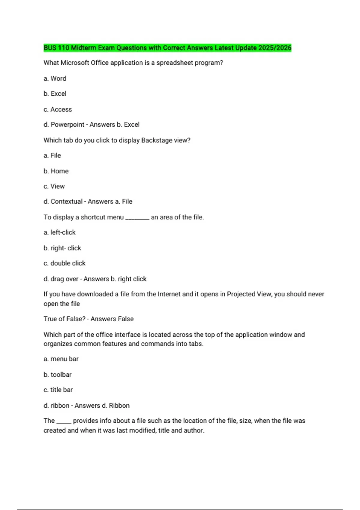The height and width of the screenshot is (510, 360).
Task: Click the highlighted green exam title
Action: [x=167, y=48]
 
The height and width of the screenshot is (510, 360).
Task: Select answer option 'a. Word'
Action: [x=55, y=79]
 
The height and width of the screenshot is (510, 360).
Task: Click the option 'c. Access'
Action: [x=58, y=109]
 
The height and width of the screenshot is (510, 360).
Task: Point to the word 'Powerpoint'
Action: [x=67, y=124]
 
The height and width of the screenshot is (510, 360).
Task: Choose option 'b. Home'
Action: [x=56, y=171]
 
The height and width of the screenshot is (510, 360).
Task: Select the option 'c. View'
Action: [x=54, y=186]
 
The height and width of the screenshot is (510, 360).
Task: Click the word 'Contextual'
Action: [x=66, y=202]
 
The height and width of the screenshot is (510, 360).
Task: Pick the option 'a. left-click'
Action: [x=59, y=232]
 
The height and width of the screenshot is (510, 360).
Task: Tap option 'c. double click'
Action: [x=64, y=263]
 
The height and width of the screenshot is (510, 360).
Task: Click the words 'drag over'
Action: [x=64, y=279]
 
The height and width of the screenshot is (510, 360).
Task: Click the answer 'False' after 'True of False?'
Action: [x=126, y=319]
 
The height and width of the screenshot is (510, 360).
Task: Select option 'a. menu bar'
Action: [x=61, y=359]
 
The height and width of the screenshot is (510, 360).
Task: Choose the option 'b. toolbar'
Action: [x=58, y=375]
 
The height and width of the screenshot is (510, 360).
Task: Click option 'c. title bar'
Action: [x=58, y=390]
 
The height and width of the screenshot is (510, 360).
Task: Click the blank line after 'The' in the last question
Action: [x=64, y=422]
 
